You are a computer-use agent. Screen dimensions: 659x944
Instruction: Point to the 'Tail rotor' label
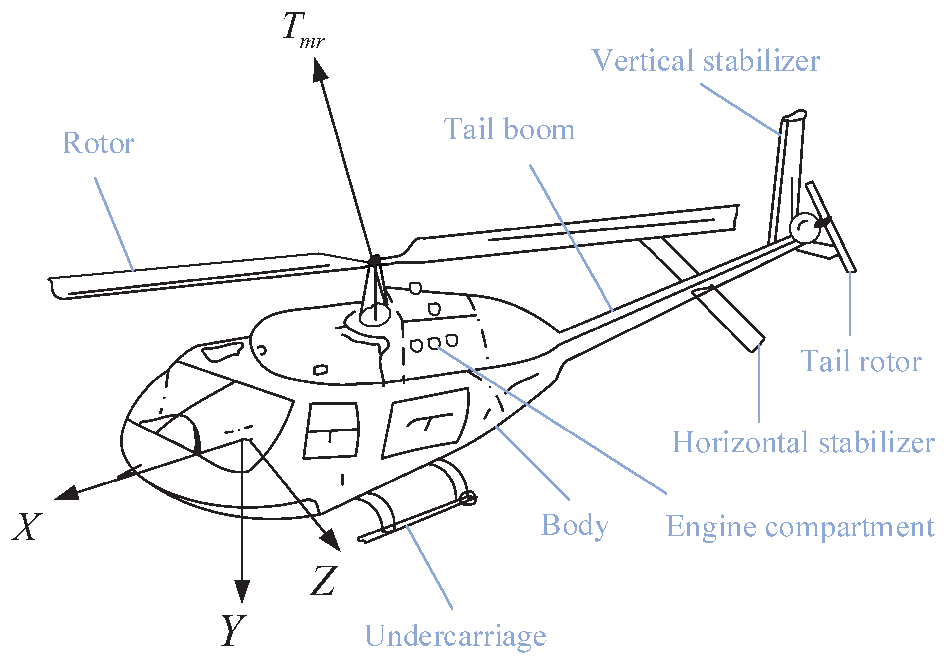(x=861, y=361)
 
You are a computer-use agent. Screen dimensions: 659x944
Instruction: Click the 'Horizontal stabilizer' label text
(x=804, y=443)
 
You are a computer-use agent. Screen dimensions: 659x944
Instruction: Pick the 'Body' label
(x=575, y=526)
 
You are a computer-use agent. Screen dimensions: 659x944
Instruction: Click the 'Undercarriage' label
(x=455, y=636)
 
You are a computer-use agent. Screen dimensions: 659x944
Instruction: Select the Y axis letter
(x=233, y=631)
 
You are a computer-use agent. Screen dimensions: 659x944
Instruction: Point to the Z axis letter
(x=324, y=580)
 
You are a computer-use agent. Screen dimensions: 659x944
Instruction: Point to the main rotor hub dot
(x=375, y=260)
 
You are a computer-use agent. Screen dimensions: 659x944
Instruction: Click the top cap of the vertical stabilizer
(x=794, y=115)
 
